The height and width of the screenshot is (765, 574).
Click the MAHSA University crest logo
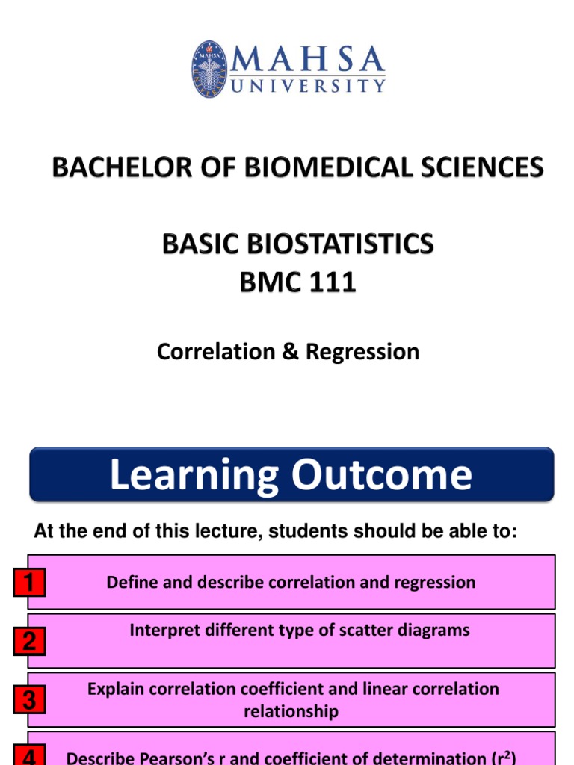210,69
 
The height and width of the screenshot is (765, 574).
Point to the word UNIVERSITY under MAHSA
308,86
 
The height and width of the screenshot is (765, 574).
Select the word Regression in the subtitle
362,352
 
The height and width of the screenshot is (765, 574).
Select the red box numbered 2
29,641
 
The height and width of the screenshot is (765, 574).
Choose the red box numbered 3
29,700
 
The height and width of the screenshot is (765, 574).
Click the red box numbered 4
29,756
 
